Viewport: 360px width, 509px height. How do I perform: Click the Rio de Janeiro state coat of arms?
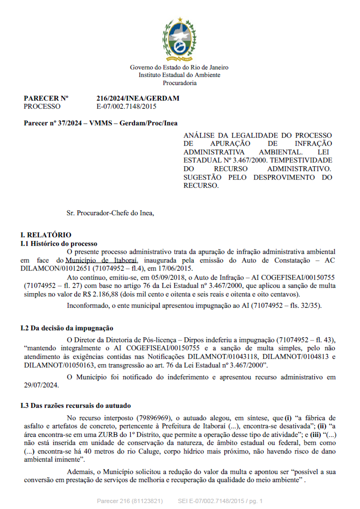point(179,40)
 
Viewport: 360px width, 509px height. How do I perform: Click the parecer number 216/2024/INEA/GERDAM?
point(138,98)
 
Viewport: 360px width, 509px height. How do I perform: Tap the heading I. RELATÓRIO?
point(46,236)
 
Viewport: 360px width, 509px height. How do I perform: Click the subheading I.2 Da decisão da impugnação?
point(67,328)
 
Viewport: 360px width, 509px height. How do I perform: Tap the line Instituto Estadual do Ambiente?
point(179,75)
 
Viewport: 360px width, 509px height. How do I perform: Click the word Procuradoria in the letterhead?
point(179,83)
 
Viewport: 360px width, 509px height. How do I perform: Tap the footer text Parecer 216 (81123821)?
point(130,501)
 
